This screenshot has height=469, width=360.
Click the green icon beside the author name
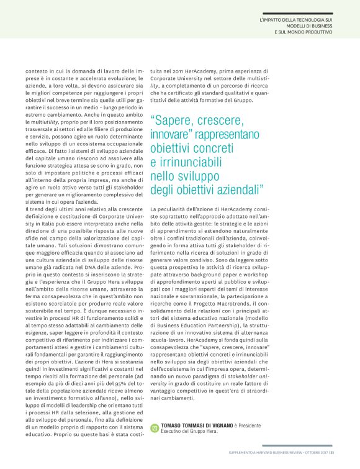tap(155, 427)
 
